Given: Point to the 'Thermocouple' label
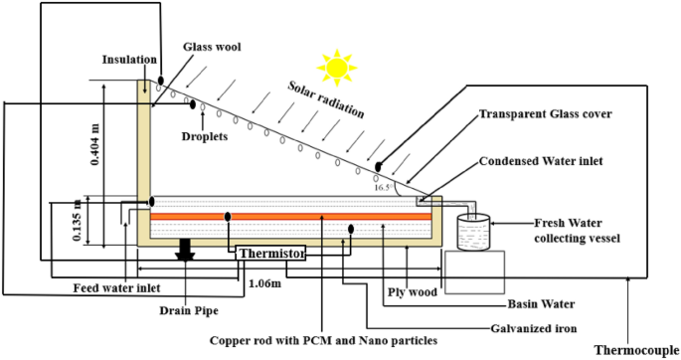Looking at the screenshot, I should [636, 349].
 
